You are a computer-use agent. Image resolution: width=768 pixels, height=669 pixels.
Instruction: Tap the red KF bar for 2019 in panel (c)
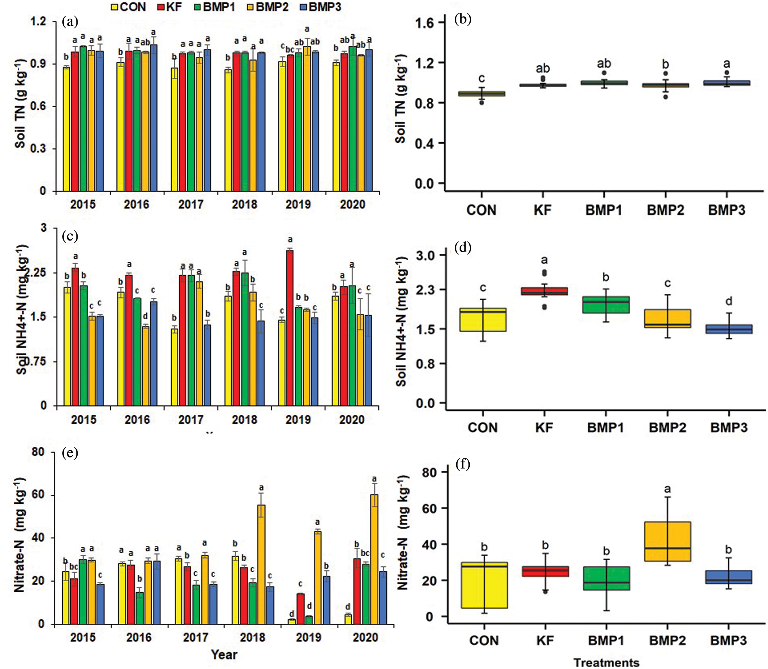point(289,327)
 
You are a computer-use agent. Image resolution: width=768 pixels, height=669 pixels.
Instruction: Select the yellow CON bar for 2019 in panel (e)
point(292,621)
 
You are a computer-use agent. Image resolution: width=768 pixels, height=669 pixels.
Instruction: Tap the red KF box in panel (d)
point(544,291)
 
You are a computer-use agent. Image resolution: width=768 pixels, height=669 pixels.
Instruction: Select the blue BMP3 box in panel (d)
point(729,329)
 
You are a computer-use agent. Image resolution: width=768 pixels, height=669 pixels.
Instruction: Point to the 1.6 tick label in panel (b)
point(424,23)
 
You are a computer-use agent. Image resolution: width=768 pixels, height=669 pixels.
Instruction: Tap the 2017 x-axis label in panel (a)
point(190,204)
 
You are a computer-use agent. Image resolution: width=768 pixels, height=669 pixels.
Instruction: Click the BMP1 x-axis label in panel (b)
point(603,210)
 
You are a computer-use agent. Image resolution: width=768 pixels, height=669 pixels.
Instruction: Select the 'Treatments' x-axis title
point(606,663)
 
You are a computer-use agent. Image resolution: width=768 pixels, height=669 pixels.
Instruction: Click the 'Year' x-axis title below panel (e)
point(224,654)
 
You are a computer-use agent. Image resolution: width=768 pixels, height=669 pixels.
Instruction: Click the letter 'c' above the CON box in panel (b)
point(481,78)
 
